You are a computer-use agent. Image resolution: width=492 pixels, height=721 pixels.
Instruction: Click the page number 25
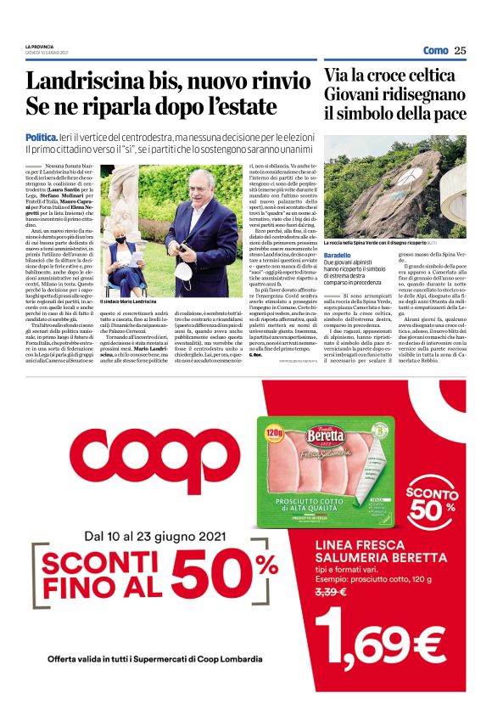click(x=460, y=50)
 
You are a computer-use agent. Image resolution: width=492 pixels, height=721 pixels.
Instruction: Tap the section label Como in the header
click(x=435, y=50)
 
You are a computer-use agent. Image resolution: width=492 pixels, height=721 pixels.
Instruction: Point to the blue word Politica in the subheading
click(x=42, y=137)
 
